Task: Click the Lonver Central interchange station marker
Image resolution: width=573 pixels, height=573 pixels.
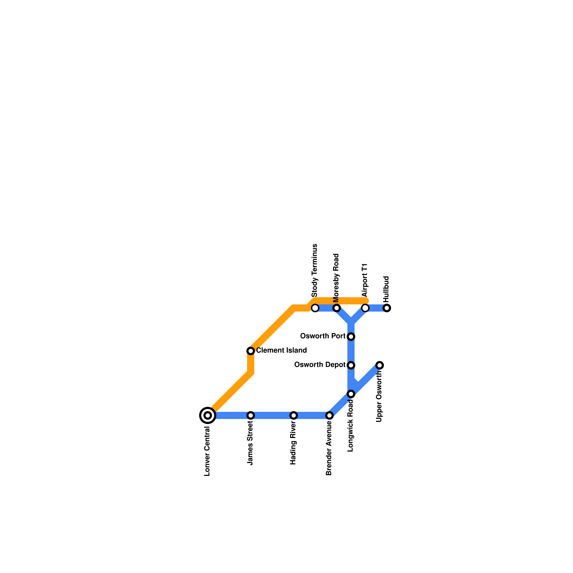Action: pos(208,415)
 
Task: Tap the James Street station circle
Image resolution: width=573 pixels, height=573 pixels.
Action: pos(251,415)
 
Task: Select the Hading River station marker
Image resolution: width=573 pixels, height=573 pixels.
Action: pos(294,415)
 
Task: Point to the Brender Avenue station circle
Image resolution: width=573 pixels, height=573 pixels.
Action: pos(329,415)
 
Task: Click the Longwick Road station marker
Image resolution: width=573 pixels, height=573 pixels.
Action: pos(351,394)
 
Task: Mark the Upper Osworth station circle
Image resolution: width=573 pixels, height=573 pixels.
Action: pos(380,365)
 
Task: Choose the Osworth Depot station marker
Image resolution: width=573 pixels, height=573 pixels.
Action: pos(351,365)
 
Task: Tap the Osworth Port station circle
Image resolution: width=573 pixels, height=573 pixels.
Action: pos(351,337)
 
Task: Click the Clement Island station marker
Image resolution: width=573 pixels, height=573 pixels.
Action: pos(251,351)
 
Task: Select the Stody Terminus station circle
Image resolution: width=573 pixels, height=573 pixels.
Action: pos(315,308)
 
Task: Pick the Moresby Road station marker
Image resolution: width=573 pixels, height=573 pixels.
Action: pos(337,308)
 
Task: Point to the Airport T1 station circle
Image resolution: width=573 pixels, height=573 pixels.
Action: pos(365,308)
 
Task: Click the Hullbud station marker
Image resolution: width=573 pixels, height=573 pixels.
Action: pos(387,308)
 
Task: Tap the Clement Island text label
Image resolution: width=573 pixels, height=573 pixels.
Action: pos(281,351)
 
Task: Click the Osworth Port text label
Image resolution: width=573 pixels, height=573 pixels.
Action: pos(323,336)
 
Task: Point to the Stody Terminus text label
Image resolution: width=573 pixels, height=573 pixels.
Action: pos(315,270)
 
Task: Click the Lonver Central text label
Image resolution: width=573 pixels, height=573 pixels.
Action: pos(207,452)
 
